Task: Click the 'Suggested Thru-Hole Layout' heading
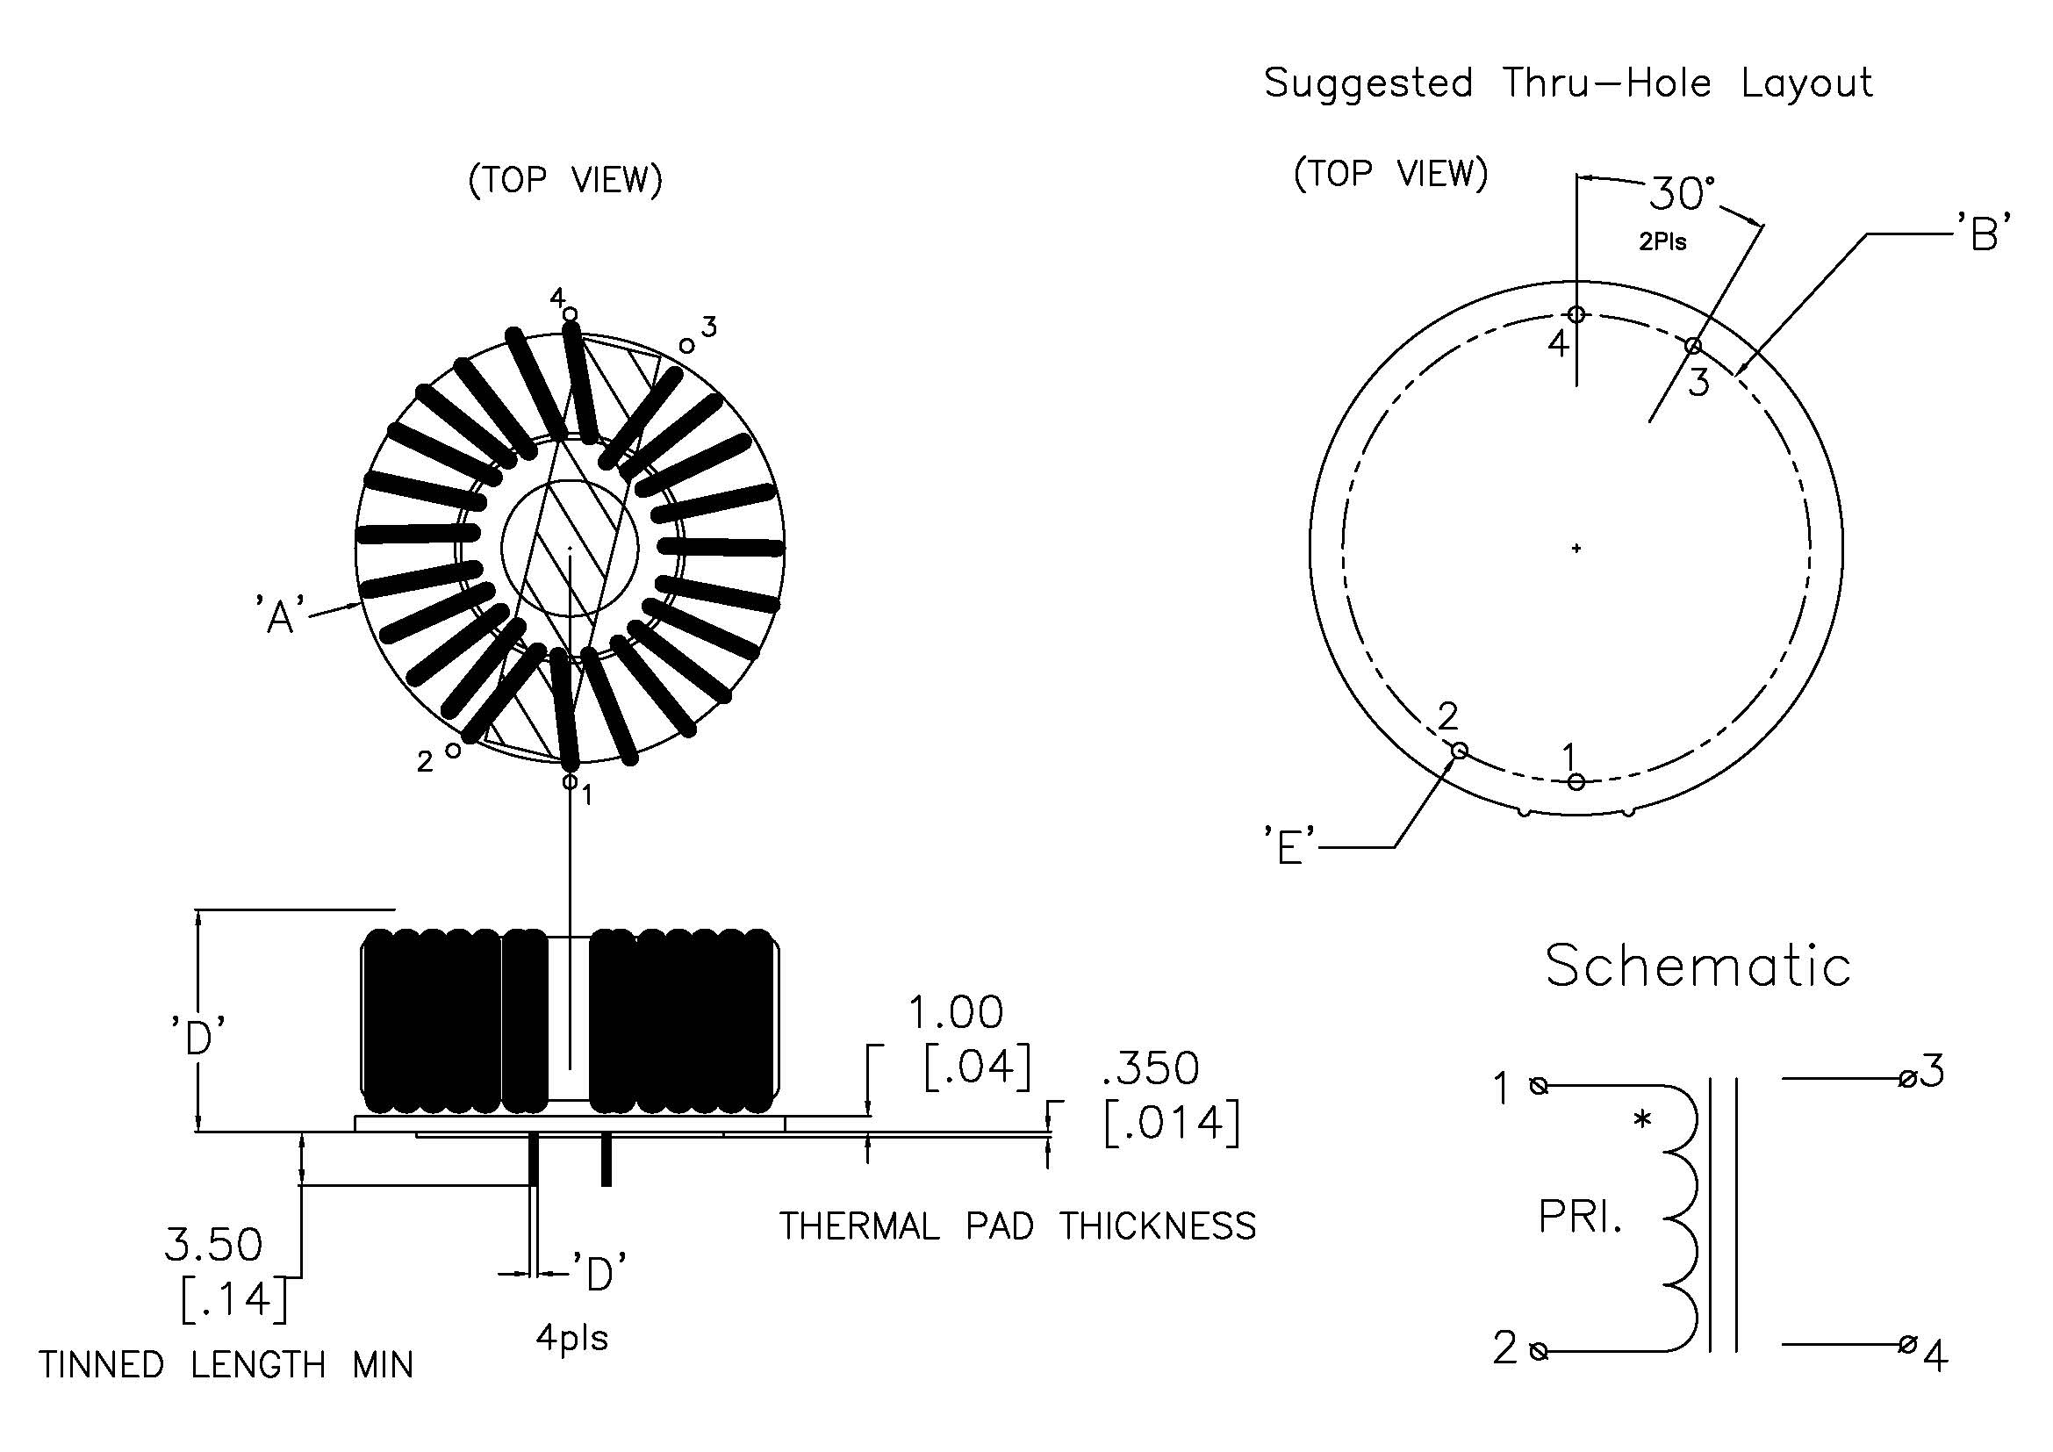point(1568,83)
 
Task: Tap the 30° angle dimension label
point(1682,193)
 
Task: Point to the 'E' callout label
point(1289,845)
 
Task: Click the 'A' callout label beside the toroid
point(280,615)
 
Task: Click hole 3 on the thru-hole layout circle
point(1692,346)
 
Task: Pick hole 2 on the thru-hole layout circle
point(1459,749)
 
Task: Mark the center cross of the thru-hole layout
point(1576,548)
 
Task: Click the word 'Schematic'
point(1698,967)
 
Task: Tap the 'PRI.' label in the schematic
point(1579,1217)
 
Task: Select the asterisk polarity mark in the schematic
point(1641,1118)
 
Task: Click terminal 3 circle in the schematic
point(1906,1079)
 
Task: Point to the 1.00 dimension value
point(956,1013)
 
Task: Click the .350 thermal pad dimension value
point(1151,1068)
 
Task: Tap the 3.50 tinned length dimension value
point(213,1245)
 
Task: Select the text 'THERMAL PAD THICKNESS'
point(1017,1226)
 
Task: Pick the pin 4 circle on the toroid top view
point(571,313)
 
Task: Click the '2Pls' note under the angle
point(1662,241)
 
